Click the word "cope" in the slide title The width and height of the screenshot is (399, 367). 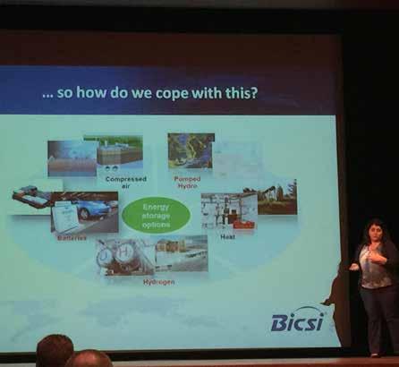click(x=173, y=93)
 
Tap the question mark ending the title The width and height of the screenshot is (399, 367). click(x=253, y=92)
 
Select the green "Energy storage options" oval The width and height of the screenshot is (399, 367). click(x=157, y=216)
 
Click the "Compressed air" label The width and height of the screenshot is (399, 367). click(x=126, y=182)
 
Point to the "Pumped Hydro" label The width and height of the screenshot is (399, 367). click(x=188, y=183)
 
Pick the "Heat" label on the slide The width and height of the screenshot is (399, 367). click(x=227, y=237)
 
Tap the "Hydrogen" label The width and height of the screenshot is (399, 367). click(x=159, y=282)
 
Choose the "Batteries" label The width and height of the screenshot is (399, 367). click(x=72, y=238)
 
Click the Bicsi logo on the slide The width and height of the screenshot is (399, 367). click(x=298, y=320)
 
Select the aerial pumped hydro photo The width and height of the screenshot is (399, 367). click(x=191, y=150)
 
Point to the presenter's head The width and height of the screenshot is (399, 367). click(x=374, y=231)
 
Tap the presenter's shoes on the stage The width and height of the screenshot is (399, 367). click(x=375, y=354)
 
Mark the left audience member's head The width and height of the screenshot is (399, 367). click(x=55, y=351)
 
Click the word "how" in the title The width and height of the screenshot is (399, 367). click(x=92, y=92)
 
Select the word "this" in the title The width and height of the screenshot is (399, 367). click(x=237, y=93)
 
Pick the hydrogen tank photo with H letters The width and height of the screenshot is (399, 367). click(x=125, y=257)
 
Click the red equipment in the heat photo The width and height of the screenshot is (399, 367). click(x=244, y=225)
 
